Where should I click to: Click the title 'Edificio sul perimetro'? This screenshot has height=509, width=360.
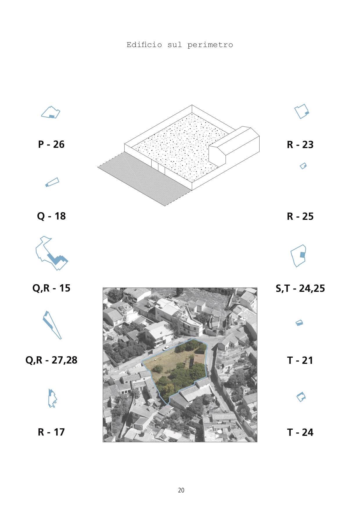[180, 45]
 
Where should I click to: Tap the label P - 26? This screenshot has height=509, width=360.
[51, 144]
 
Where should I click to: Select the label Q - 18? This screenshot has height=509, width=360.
[51, 216]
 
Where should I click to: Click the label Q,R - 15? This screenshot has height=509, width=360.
[51, 288]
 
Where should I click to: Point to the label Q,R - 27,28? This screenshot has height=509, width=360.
[51, 360]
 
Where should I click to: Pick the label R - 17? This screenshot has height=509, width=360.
[51, 432]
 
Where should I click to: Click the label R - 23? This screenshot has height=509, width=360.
[300, 145]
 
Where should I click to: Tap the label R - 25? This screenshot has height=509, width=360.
[300, 216]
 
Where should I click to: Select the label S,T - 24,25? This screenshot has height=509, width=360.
[300, 288]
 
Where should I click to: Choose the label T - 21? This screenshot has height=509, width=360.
[300, 360]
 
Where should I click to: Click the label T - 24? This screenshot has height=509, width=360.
[300, 432]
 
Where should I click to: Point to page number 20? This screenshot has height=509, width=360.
[181, 490]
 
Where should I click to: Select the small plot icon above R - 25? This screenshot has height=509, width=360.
[303, 166]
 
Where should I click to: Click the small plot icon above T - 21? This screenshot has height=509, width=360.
[299, 323]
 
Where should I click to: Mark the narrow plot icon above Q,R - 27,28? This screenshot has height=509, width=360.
[52, 325]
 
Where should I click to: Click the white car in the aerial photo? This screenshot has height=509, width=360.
[166, 348]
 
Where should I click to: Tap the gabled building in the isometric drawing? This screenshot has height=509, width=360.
[234, 147]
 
